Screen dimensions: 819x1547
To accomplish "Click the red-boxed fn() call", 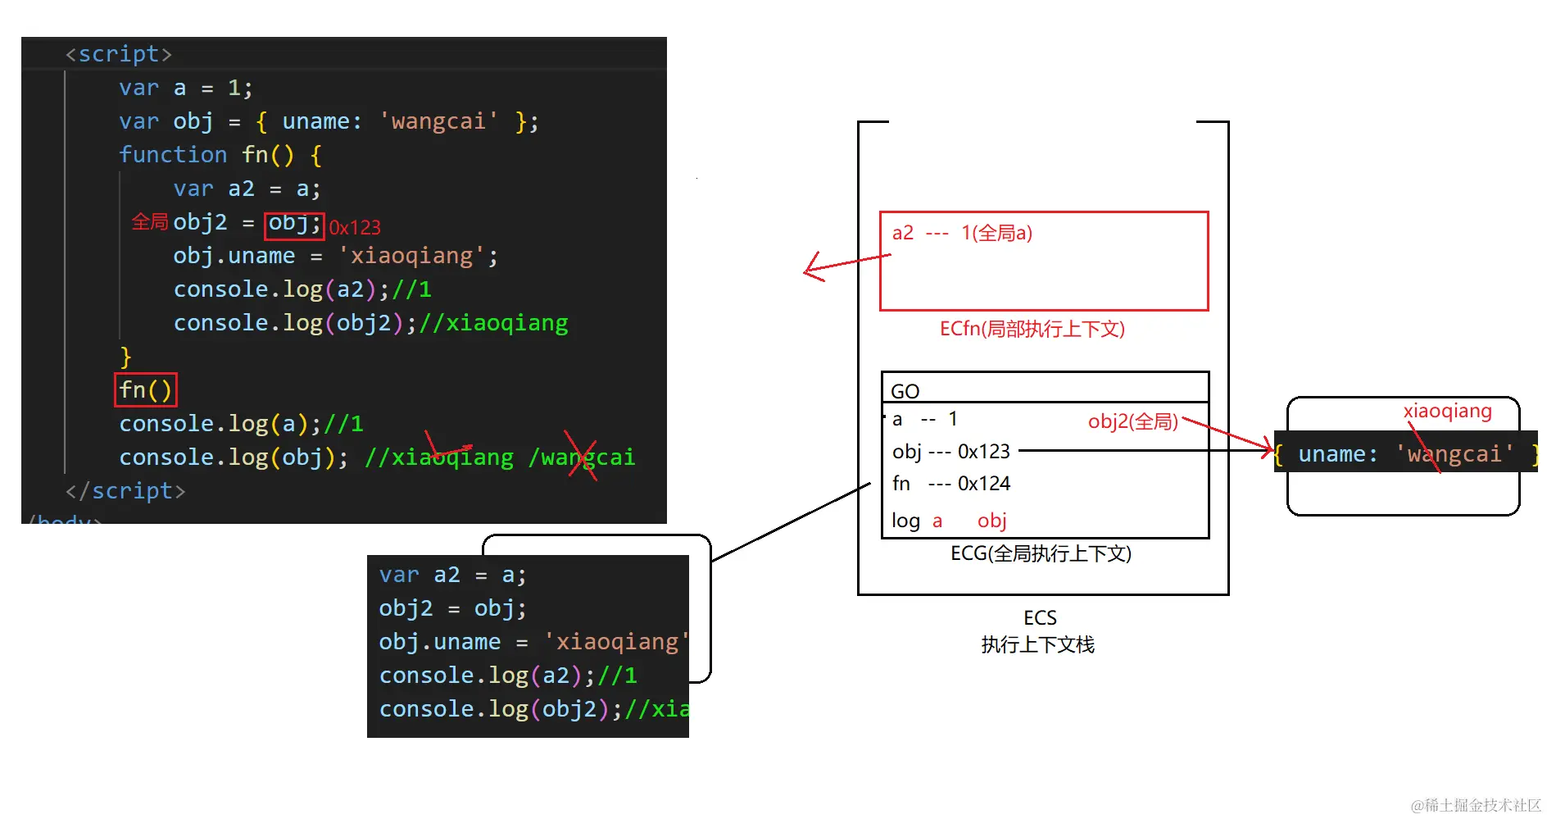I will pos(145,389).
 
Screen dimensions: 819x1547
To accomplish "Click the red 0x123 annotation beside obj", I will pos(355,227).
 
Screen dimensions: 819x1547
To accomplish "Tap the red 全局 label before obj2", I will pos(150,222).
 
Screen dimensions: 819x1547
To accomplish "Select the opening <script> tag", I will pos(119,54).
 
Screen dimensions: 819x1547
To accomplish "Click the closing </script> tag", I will pos(125,491).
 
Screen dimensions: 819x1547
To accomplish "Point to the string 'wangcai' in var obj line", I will pos(438,121).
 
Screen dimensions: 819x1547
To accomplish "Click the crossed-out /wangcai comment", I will pos(583,457).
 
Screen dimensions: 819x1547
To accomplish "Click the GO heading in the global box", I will pos(905,391).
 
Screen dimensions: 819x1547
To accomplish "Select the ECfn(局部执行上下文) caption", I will pos(1032,329).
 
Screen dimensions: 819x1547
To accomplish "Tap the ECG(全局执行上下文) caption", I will pos(1041,553).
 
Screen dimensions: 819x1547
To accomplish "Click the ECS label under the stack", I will pos(1040,617).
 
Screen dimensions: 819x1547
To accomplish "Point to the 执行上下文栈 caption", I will pos(1037,644).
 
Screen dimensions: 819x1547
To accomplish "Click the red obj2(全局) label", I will pos(1132,421).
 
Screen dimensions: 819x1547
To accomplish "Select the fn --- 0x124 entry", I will pos(950,484).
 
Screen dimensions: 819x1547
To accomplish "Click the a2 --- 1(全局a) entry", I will pos(962,233).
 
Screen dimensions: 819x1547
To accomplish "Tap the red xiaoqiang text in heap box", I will pos(1447,411).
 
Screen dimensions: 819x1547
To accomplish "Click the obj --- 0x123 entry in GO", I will pos(950,451).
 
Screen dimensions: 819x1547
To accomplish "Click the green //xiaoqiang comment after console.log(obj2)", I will pos(494,323).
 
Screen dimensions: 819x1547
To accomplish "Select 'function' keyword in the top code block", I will pos(173,155).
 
